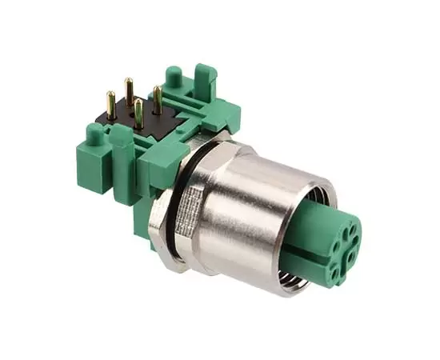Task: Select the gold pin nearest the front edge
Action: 138,114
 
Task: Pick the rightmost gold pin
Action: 158,100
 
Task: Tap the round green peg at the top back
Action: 172,77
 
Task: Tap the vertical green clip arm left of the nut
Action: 123,172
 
